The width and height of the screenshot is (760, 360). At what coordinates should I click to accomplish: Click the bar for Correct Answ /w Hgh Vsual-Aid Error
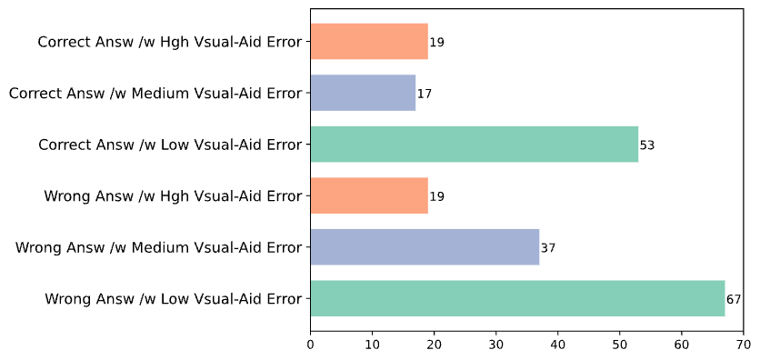pyautogui.click(x=368, y=42)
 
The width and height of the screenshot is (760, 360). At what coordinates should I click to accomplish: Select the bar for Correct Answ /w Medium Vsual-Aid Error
pyautogui.click(x=363, y=93)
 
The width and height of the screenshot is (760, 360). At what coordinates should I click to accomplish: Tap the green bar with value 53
pyautogui.click(x=474, y=145)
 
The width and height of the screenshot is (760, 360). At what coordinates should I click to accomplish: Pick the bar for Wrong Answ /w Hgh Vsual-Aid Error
pyautogui.click(x=368, y=195)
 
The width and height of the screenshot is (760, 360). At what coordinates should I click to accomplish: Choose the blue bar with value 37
pyautogui.click(x=425, y=247)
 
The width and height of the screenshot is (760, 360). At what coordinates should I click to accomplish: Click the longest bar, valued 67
pyautogui.click(x=517, y=298)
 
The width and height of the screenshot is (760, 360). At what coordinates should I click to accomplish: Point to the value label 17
pyautogui.click(x=425, y=94)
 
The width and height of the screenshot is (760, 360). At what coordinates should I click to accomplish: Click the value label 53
pyautogui.click(x=647, y=145)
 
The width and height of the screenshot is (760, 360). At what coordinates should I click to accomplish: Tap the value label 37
pyautogui.click(x=548, y=248)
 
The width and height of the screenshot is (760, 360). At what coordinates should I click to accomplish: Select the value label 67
pyautogui.click(x=734, y=299)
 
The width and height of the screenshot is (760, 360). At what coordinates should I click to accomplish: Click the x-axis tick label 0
pyautogui.click(x=310, y=345)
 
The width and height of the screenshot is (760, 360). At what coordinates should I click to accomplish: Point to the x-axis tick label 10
pyautogui.click(x=372, y=345)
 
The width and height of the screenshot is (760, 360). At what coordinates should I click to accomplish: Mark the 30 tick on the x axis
pyautogui.click(x=496, y=345)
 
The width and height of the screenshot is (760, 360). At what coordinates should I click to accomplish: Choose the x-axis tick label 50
pyautogui.click(x=620, y=345)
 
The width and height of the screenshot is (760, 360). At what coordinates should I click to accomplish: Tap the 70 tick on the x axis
pyautogui.click(x=744, y=345)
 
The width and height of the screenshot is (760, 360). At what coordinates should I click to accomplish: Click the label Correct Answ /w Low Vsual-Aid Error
pyautogui.click(x=170, y=145)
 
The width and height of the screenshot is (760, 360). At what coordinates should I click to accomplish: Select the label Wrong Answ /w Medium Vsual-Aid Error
pyautogui.click(x=158, y=247)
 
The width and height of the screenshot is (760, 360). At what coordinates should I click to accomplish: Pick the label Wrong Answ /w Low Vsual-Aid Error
pyautogui.click(x=173, y=298)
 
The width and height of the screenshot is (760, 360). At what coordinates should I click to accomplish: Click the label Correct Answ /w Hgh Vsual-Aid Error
pyautogui.click(x=170, y=42)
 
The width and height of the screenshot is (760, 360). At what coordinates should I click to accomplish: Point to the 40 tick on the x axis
pyautogui.click(x=558, y=345)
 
